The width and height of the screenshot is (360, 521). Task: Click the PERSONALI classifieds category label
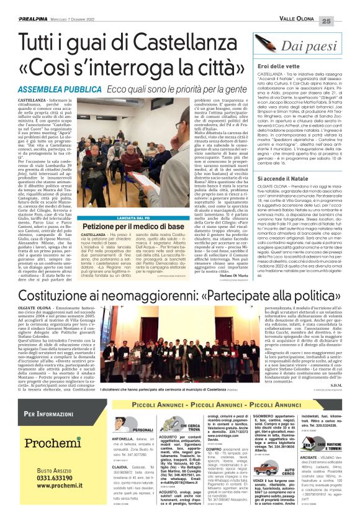144,430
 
